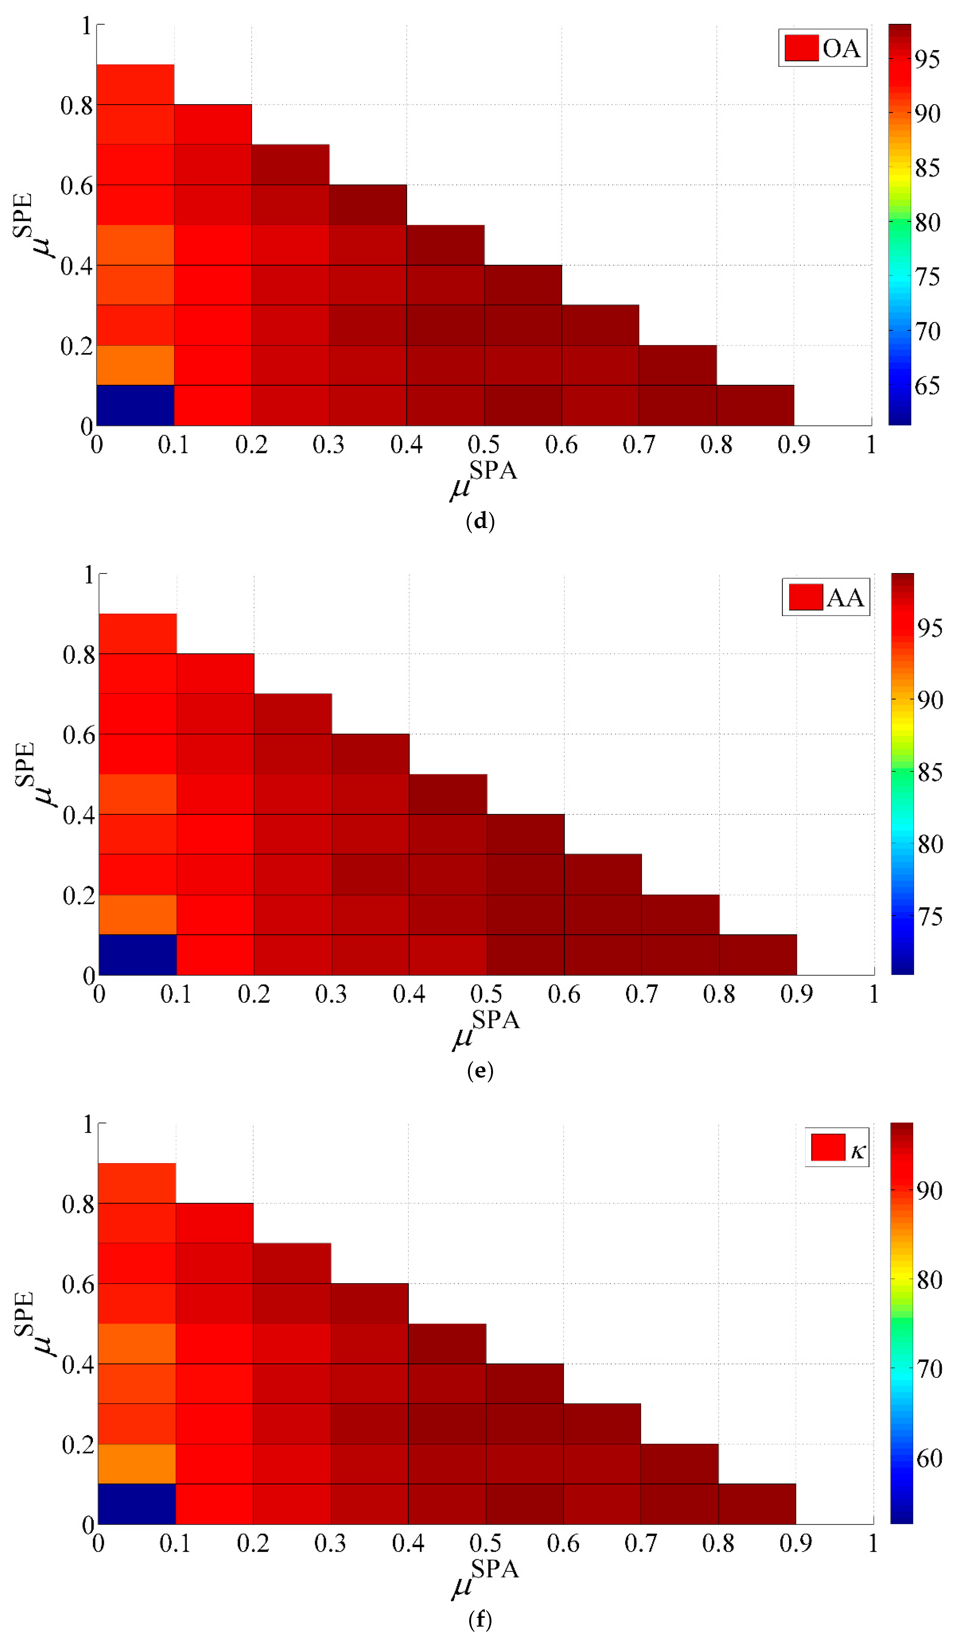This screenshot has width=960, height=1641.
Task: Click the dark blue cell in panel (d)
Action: point(135,405)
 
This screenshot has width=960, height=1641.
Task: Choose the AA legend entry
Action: point(826,597)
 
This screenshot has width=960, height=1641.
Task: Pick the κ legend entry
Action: point(837,1147)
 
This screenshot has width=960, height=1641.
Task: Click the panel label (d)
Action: point(480,521)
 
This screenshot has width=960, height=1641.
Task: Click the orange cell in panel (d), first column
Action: point(135,365)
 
